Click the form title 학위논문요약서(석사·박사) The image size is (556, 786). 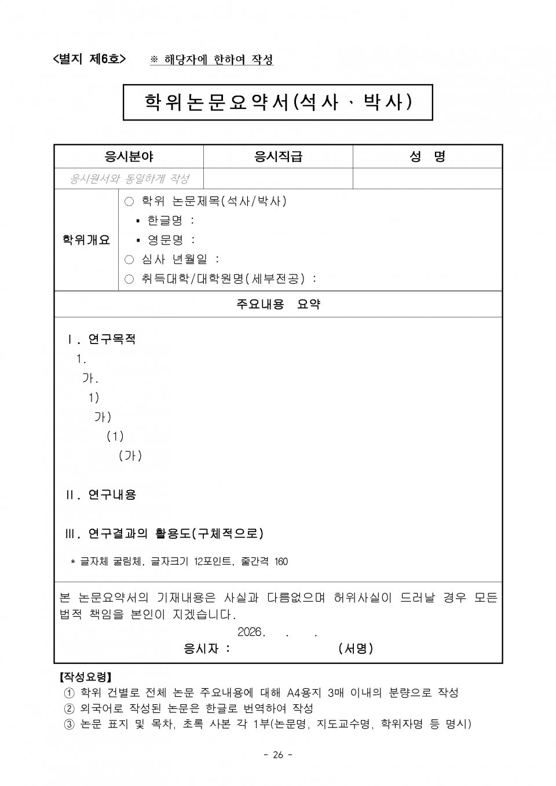(278, 103)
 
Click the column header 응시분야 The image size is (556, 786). (129, 156)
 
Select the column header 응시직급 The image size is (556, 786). (278, 156)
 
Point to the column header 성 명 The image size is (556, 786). (427, 156)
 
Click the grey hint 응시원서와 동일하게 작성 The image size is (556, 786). (129, 179)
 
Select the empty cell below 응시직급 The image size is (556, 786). (278, 179)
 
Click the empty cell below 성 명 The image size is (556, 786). (427, 179)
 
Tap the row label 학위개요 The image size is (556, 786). (86, 240)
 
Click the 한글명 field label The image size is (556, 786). (165, 221)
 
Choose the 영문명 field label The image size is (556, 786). (165, 240)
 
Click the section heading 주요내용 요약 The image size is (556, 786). (278, 304)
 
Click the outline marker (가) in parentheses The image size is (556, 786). (130, 456)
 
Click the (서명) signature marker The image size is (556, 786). (356, 649)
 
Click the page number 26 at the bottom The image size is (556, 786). (278, 755)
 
